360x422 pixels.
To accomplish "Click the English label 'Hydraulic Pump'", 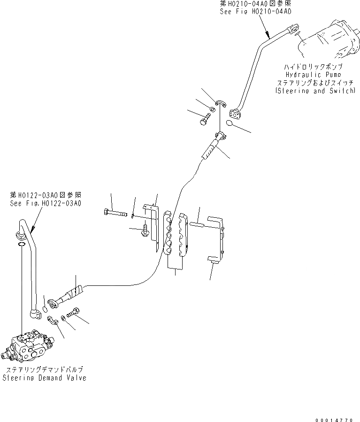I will click(313, 75).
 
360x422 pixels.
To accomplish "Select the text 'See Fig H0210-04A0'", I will click(255, 12).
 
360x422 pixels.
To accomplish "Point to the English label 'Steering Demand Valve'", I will click(45, 378).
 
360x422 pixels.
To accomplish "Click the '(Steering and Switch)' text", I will click(315, 91).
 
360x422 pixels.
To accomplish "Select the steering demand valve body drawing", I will click(28, 347).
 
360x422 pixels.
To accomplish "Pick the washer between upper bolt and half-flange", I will click(213, 110).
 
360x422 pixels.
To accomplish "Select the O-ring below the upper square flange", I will click(229, 123).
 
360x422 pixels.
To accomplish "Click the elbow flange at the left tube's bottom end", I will click(34, 313).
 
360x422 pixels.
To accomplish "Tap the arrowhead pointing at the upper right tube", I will click(268, 35).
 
